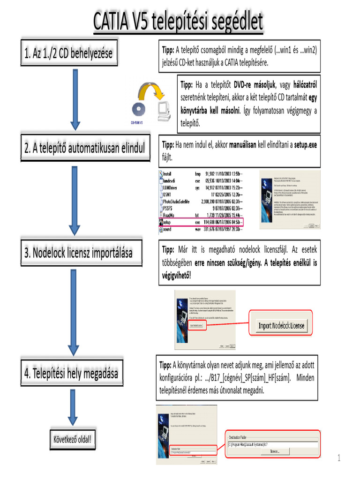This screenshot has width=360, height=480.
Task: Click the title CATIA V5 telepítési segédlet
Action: (178, 22)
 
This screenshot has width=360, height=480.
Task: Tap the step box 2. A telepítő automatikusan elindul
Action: (84, 148)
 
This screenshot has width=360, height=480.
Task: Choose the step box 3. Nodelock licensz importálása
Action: (78, 253)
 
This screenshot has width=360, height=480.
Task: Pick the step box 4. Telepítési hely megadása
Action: (71, 374)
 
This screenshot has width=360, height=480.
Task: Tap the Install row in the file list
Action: (202, 173)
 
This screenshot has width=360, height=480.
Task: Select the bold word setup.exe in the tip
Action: (305, 145)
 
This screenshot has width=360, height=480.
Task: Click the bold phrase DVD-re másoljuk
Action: (254, 85)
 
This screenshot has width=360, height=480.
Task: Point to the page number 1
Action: (338, 458)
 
